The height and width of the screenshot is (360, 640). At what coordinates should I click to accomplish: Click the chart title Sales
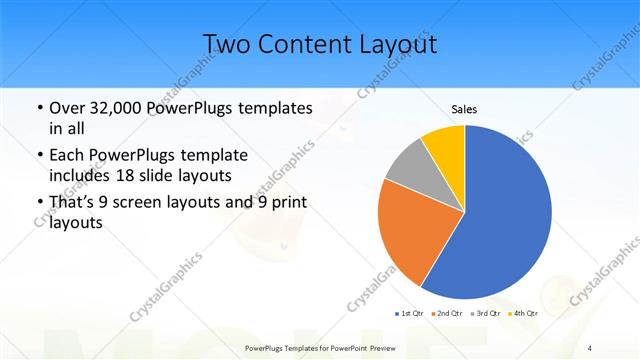click(464, 109)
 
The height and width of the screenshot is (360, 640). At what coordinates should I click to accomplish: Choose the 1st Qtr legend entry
click(408, 314)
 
